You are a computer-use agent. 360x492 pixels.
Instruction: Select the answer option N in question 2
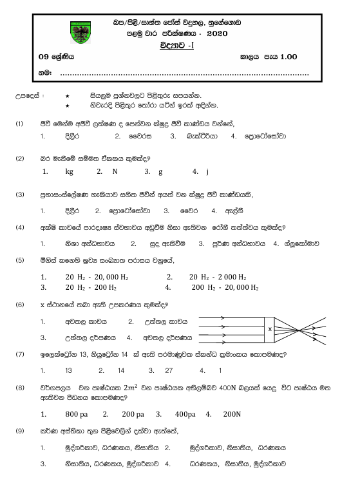(115, 172)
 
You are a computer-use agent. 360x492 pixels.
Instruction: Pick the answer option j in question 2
(208, 172)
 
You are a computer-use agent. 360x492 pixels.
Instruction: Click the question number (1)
(19, 123)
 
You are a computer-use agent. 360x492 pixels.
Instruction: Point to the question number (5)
(19, 260)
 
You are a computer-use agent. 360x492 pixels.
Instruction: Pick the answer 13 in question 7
(69, 370)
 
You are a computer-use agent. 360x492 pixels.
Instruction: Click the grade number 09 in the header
(43, 57)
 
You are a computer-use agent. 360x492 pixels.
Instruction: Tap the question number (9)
(19, 430)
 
